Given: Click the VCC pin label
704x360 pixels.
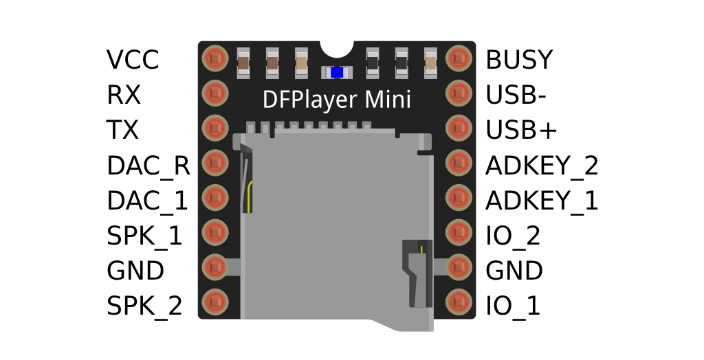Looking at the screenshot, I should point(133,60).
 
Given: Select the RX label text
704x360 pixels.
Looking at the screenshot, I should point(124,95).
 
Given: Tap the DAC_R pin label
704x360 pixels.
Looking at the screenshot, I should point(148,166).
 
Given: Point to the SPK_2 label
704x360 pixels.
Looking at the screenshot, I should point(144,306).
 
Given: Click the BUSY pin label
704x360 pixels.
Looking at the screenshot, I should point(519,60).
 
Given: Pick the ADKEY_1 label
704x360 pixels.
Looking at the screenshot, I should point(542,201).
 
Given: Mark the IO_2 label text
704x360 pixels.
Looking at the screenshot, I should point(513,236).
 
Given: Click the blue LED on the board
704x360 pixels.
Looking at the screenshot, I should point(336,72).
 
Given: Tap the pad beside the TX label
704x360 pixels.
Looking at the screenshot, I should point(214,127).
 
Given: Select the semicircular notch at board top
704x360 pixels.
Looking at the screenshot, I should point(337,47).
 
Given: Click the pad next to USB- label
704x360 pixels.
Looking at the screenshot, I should point(459,93).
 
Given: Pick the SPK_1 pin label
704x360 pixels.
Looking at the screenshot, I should point(144,236).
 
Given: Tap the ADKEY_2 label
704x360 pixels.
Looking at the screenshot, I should point(542,166).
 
